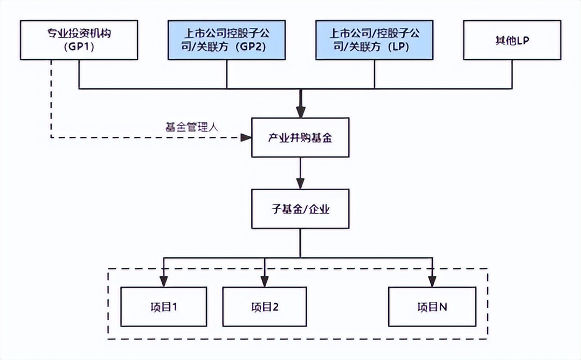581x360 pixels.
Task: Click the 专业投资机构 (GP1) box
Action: click(x=80, y=40)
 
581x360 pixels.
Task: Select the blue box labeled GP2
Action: click(x=226, y=40)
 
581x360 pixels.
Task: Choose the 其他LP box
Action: click(x=511, y=40)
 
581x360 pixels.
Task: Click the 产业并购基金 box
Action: click(x=300, y=138)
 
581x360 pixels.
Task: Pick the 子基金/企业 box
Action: click(x=300, y=209)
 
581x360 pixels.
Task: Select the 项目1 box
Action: click(x=163, y=307)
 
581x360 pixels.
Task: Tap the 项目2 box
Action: click(x=264, y=307)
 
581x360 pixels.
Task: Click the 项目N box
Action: click(x=432, y=307)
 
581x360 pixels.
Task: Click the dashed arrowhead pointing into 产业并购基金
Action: click(x=246, y=138)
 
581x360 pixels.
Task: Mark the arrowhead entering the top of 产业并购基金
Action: click(x=300, y=113)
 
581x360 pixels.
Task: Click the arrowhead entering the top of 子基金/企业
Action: click(x=300, y=185)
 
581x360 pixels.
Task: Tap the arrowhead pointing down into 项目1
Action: click(x=163, y=281)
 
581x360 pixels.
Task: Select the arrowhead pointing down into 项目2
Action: click(x=264, y=281)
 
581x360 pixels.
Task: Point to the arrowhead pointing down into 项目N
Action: click(x=432, y=281)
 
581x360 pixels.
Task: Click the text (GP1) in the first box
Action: click(x=80, y=47)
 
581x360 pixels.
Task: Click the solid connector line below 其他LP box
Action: click(x=511, y=74)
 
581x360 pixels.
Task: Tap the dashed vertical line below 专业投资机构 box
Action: click(x=51, y=97)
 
